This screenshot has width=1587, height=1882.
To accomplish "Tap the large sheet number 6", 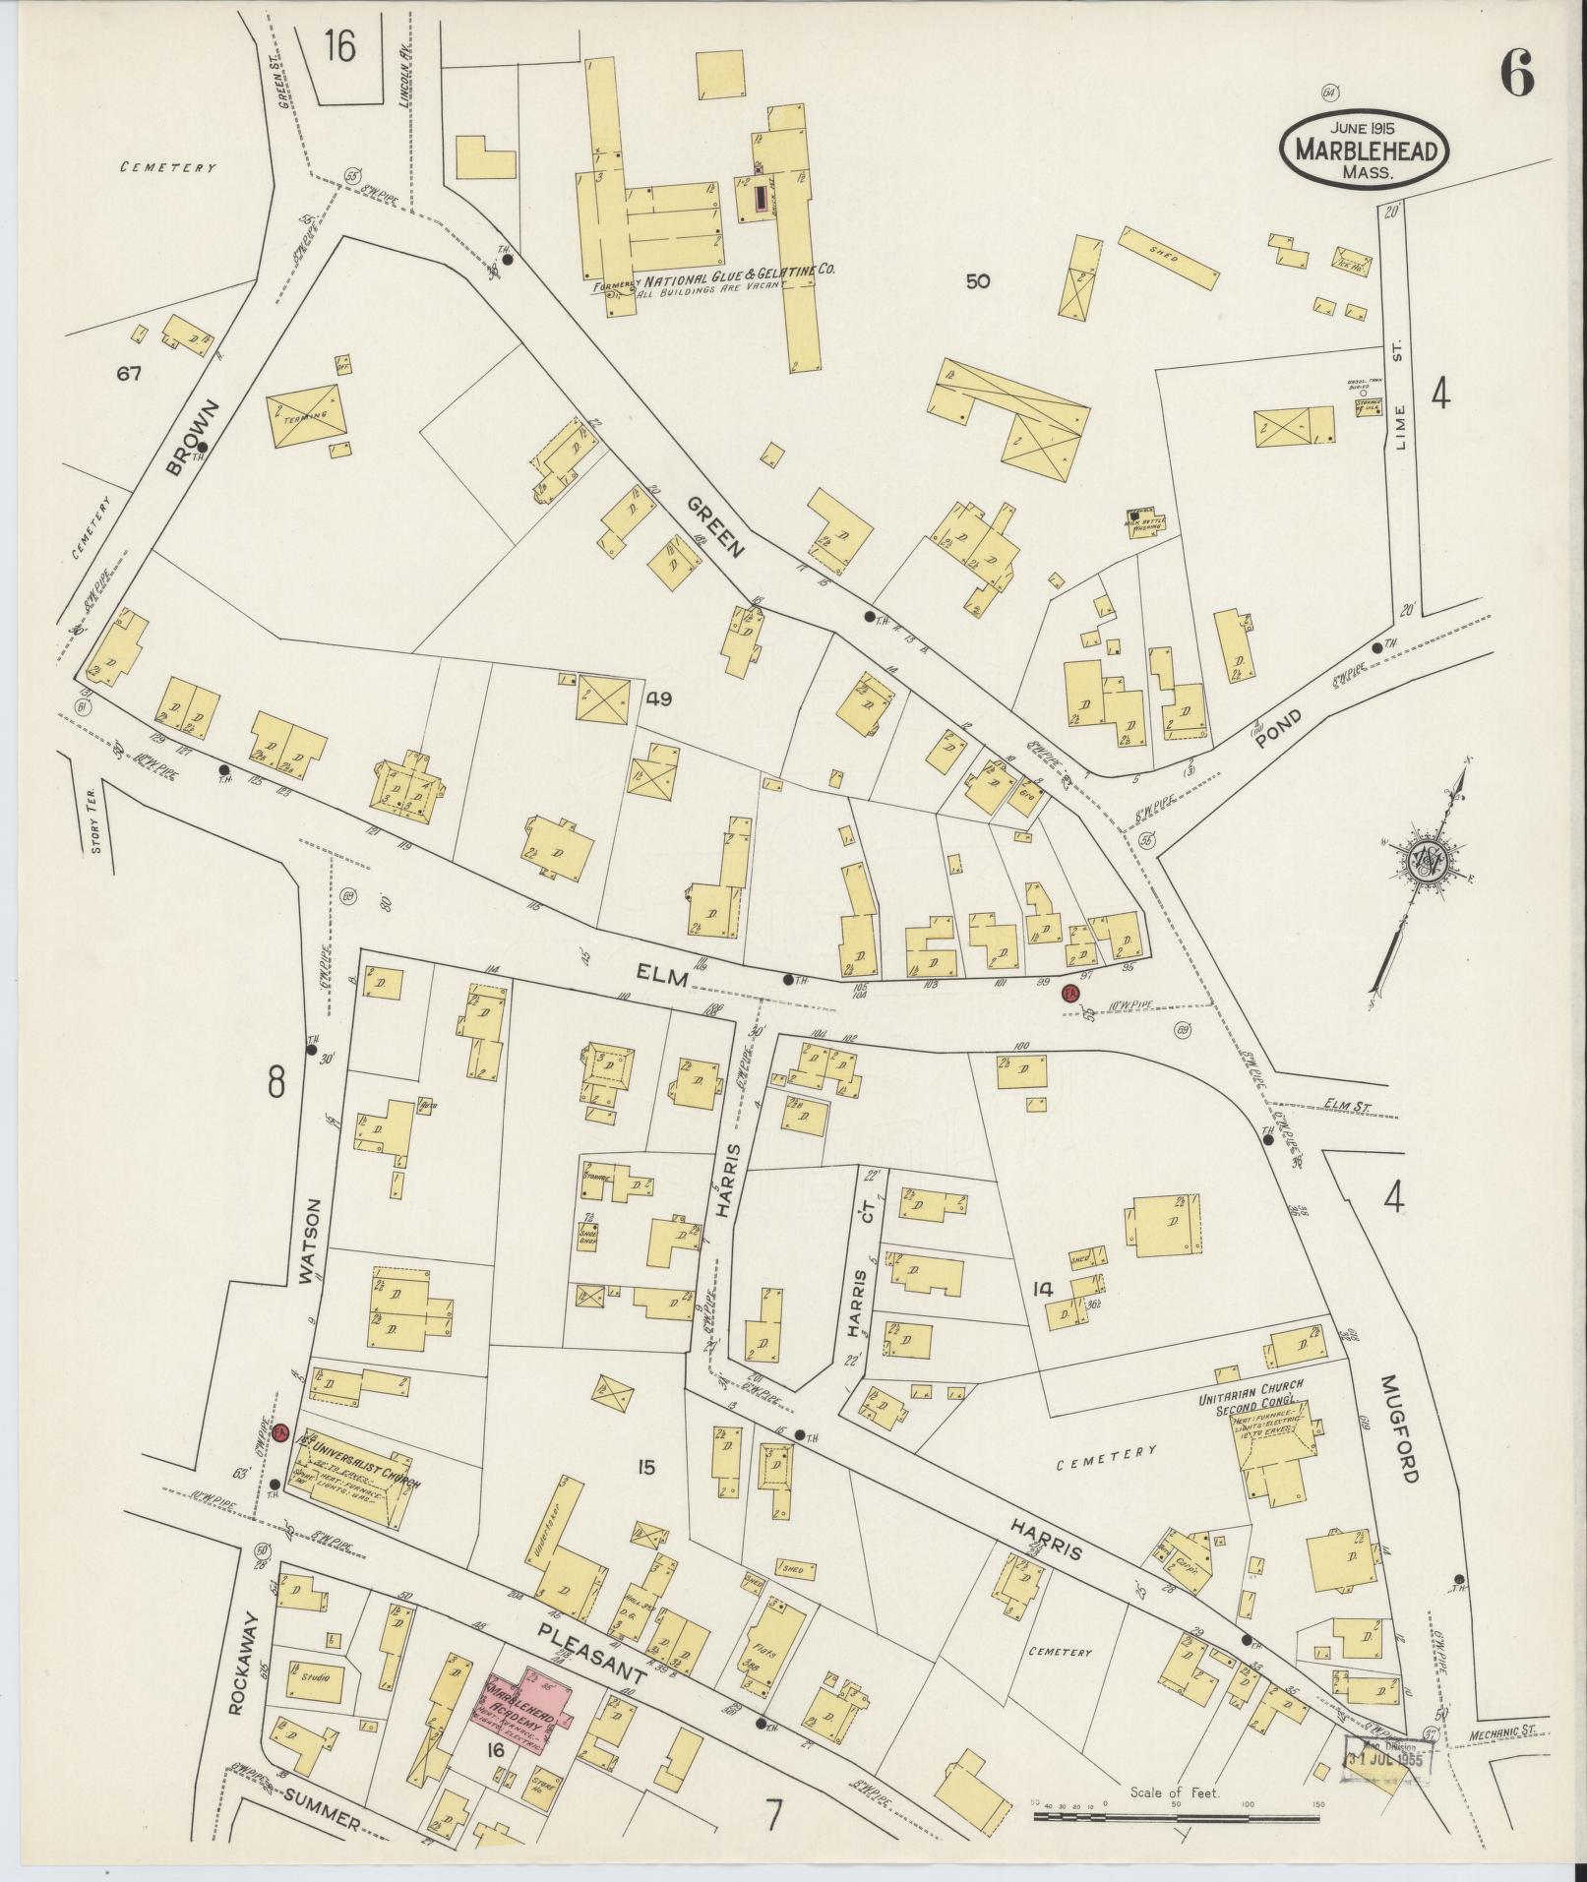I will (x=1516, y=74).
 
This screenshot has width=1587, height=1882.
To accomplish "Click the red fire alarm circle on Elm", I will (x=1070, y=995).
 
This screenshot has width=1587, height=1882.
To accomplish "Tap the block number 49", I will (x=658, y=698).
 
